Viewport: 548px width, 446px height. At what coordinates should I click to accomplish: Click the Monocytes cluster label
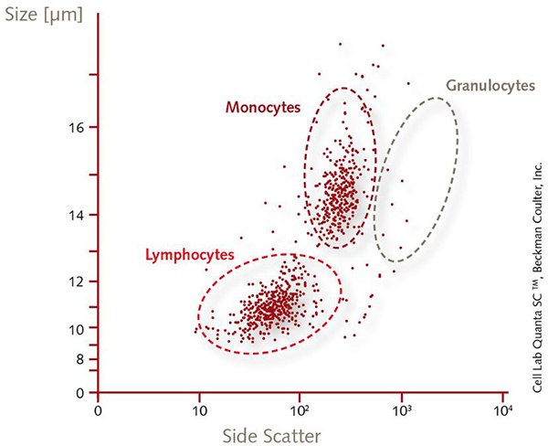[x=263, y=107]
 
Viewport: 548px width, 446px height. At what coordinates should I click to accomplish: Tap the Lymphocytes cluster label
[x=190, y=253]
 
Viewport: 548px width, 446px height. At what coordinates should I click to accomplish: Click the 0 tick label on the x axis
[x=98, y=410]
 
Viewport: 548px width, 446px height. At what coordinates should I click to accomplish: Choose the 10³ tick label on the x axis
[x=401, y=410]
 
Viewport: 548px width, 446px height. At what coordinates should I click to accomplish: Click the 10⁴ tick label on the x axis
[x=502, y=410]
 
